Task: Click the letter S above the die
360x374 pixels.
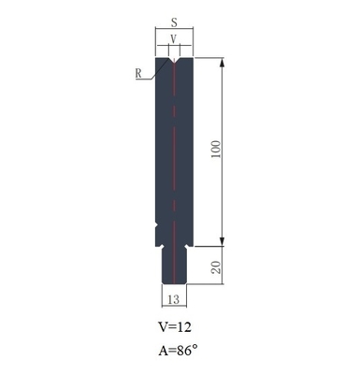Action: pos(174,22)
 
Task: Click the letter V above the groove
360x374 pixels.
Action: pos(174,39)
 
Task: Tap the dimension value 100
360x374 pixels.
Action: pos(217,152)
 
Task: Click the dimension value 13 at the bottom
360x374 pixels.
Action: pos(174,299)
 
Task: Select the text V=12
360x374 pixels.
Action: pos(175,329)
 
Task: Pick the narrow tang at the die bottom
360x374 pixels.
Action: pos(174,266)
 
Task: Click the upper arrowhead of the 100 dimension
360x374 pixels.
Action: pos(223,64)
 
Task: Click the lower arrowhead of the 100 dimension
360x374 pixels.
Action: pos(223,240)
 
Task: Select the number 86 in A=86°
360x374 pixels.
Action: pos(183,352)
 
